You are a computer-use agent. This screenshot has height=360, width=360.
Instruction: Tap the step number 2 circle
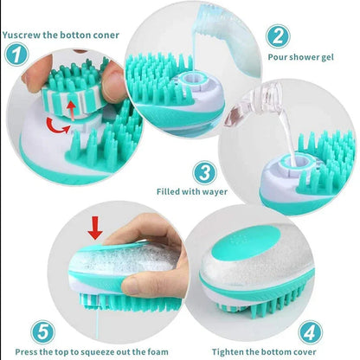coord(278,36)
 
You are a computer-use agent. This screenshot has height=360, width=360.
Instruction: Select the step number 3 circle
coord(203,171)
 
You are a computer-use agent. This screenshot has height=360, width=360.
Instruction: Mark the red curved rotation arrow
coord(59,130)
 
